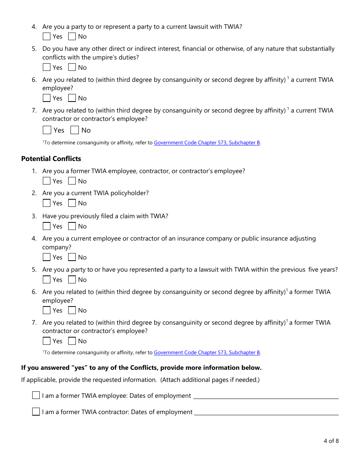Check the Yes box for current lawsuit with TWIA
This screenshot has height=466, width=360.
coord(47,37)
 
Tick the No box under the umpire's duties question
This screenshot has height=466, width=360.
coord(72,67)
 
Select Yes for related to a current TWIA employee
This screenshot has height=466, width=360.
coord(47,98)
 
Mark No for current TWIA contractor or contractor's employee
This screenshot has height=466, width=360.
coord(75,130)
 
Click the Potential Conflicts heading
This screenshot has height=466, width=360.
coord(51,159)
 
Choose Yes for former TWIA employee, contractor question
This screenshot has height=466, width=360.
coord(47,181)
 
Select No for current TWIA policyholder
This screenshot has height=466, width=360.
coord(72,203)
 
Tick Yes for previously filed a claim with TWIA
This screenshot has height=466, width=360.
coord(47,226)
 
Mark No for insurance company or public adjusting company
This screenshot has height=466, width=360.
coord(72,257)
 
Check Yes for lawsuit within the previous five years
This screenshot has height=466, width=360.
coord(47,280)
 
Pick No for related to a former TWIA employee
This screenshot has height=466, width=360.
coord(72,310)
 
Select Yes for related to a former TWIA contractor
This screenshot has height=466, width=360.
coord(47,341)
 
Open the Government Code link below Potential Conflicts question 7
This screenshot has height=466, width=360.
coord(207,352)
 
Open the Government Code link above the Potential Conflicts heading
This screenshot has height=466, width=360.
coord(207,143)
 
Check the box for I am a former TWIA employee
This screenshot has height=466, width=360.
coord(36,396)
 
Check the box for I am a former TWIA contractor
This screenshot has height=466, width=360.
coord(36,412)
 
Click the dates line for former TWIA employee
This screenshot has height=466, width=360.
coord(266,396)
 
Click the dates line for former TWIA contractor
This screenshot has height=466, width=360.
coord(266,412)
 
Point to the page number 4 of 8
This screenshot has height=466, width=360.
coord(331,441)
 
